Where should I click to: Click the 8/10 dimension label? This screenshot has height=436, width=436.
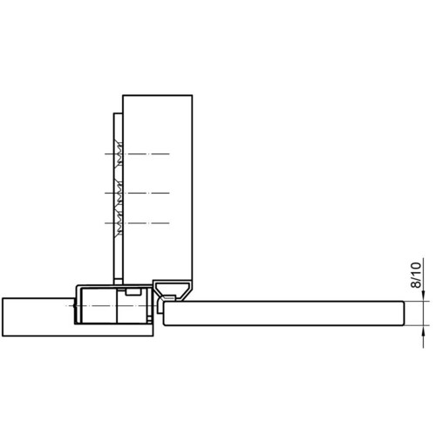click(416, 275)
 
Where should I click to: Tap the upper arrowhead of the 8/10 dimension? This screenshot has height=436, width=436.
click(423, 296)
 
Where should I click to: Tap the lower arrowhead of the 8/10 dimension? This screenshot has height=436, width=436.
click(423, 330)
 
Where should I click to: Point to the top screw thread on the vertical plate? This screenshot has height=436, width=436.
click(119, 153)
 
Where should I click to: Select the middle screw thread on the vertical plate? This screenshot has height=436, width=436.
click(119, 193)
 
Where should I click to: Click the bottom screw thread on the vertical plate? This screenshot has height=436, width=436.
click(119, 223)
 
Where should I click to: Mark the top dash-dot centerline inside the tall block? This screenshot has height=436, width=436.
click(137, 153)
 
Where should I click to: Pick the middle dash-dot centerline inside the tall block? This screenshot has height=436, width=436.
click(137, 193)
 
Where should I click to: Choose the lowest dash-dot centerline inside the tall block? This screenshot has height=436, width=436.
click(137, 223)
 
